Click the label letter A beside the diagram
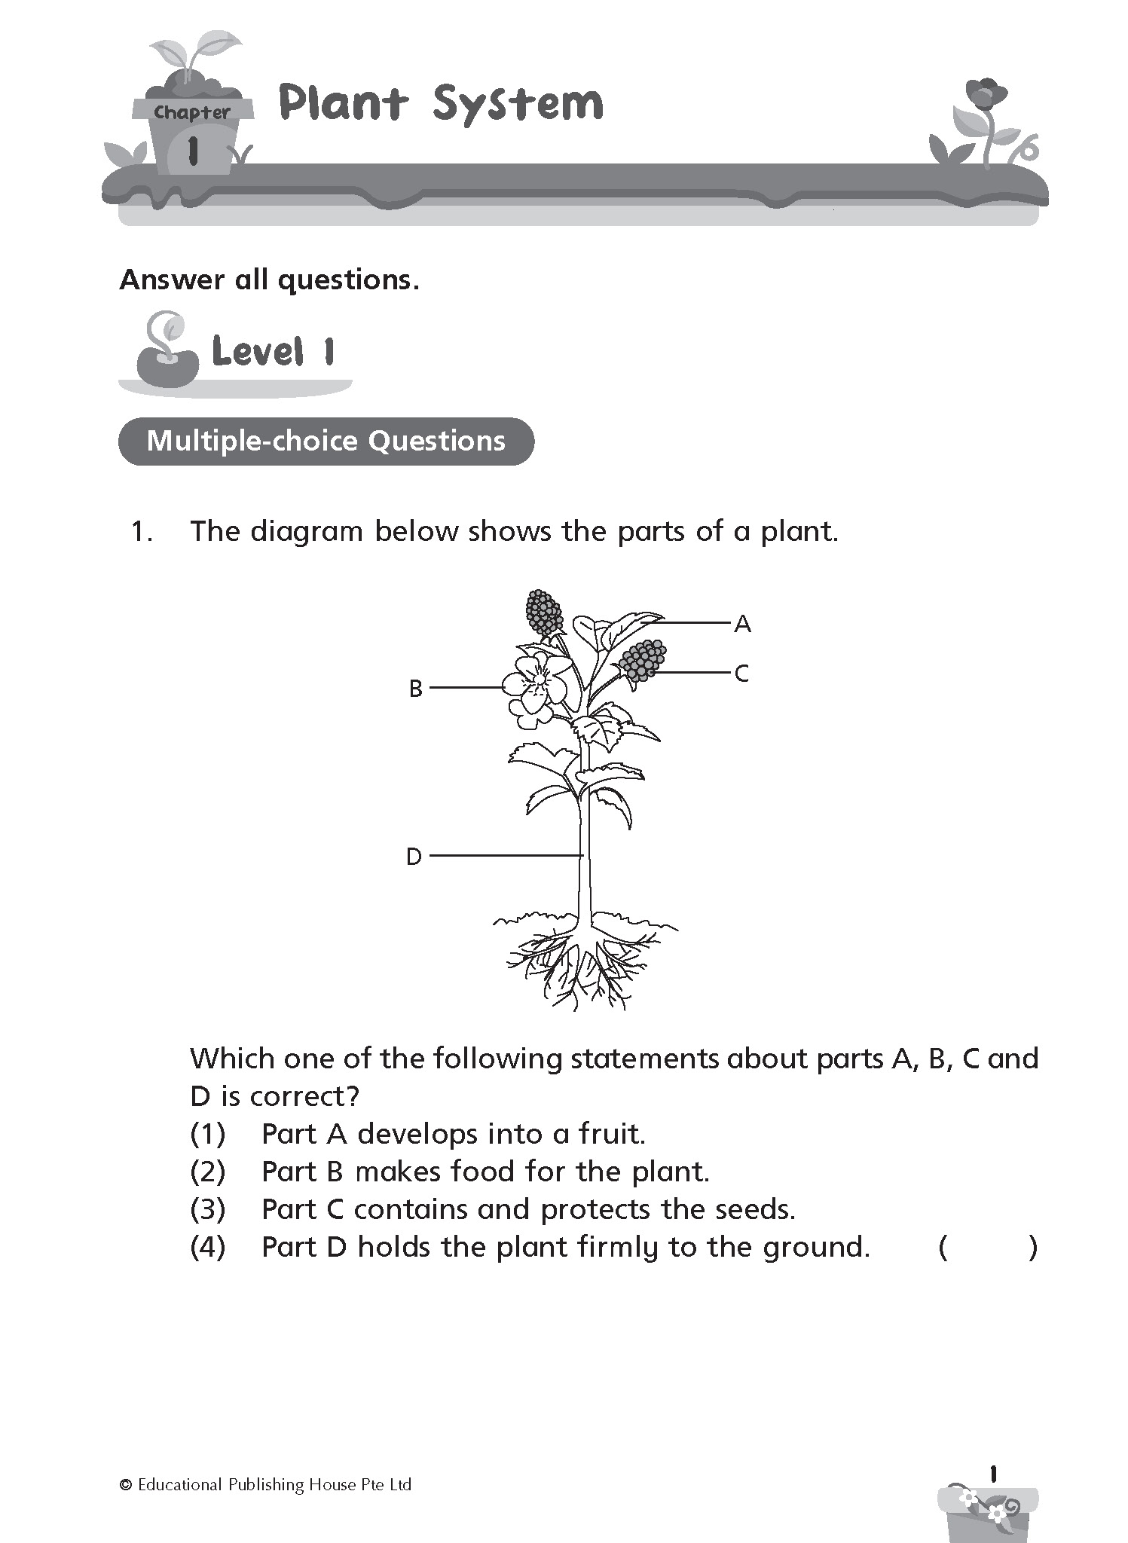[x=742, y=624]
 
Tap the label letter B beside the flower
[x=415, y=689]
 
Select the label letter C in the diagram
[x=741, y=674]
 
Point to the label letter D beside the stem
[x=414, y=857]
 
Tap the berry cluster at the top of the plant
[x=544, y=612]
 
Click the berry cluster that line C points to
[x=643, y=661]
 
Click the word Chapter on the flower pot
[x=192, y=113]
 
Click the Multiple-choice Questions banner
[x=326, y=441]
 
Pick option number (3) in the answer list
[x=207, y=1209]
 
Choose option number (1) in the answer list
[x=207, y=1134]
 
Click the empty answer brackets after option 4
[x=988, y=1248]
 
